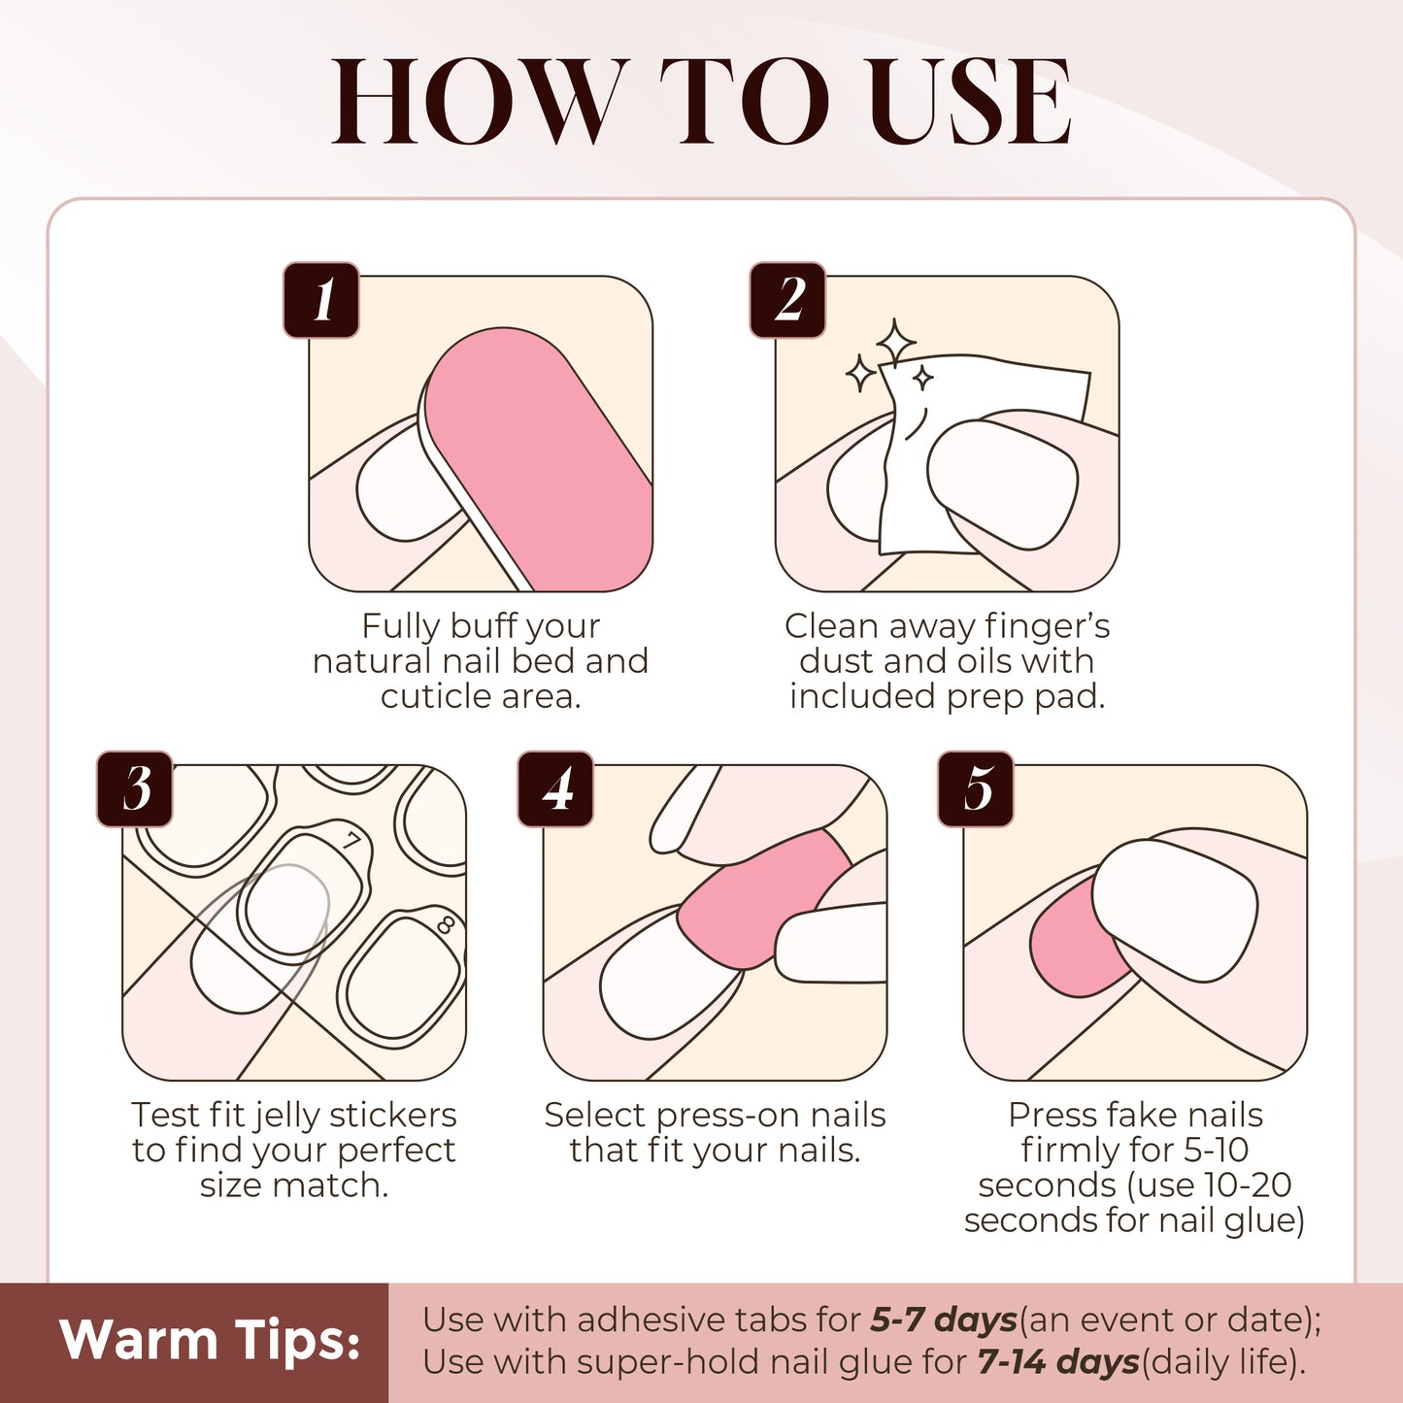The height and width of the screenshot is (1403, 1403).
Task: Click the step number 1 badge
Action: pyautogui.click(x=321, y=300)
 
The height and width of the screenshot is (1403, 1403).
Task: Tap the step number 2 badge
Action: pyautogui.click(x=787, y=300)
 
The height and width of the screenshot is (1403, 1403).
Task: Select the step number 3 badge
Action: pyautogui.click(x=135, y=788)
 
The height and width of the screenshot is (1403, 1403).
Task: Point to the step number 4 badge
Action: pyautogui.click(x=555, y=788)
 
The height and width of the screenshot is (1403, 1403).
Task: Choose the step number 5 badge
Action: pyautogui.click(x=976, y=788)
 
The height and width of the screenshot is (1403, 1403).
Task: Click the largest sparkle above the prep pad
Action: pyautogui.click(x=895, y=342)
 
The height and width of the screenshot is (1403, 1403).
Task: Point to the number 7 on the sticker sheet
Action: pyautogui.click(x=351, y=840)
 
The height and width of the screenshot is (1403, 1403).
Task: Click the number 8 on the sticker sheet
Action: pyautogui.click(x=446, y=923)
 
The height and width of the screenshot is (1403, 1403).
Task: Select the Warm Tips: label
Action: pyautogui.click(x=210, y=1341)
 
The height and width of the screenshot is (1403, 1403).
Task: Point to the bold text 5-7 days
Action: pyautogui.click(x=943, y=1320)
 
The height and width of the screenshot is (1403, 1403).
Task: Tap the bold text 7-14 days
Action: pyautogui.click(x=1057, y=1362)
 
